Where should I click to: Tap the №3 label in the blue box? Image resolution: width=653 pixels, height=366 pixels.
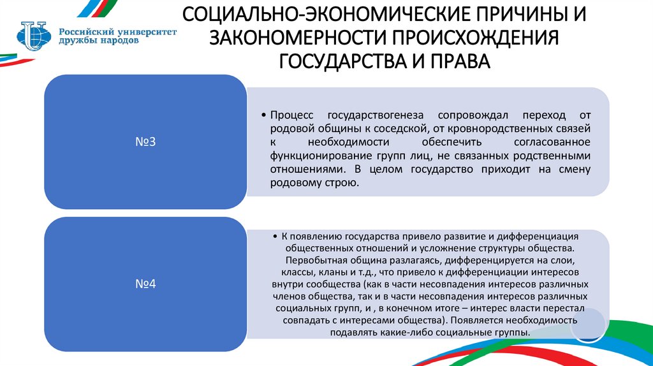pos(146,142)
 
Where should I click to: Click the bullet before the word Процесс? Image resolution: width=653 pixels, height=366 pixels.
pos(263,114)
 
